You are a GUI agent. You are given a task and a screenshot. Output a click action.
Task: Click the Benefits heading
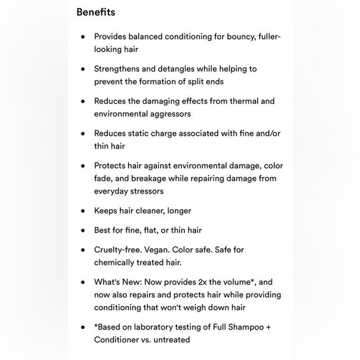(96, 12)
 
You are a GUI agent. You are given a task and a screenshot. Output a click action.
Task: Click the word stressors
(147, 191)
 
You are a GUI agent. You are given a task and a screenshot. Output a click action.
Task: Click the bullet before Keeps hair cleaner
(83, 210)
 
